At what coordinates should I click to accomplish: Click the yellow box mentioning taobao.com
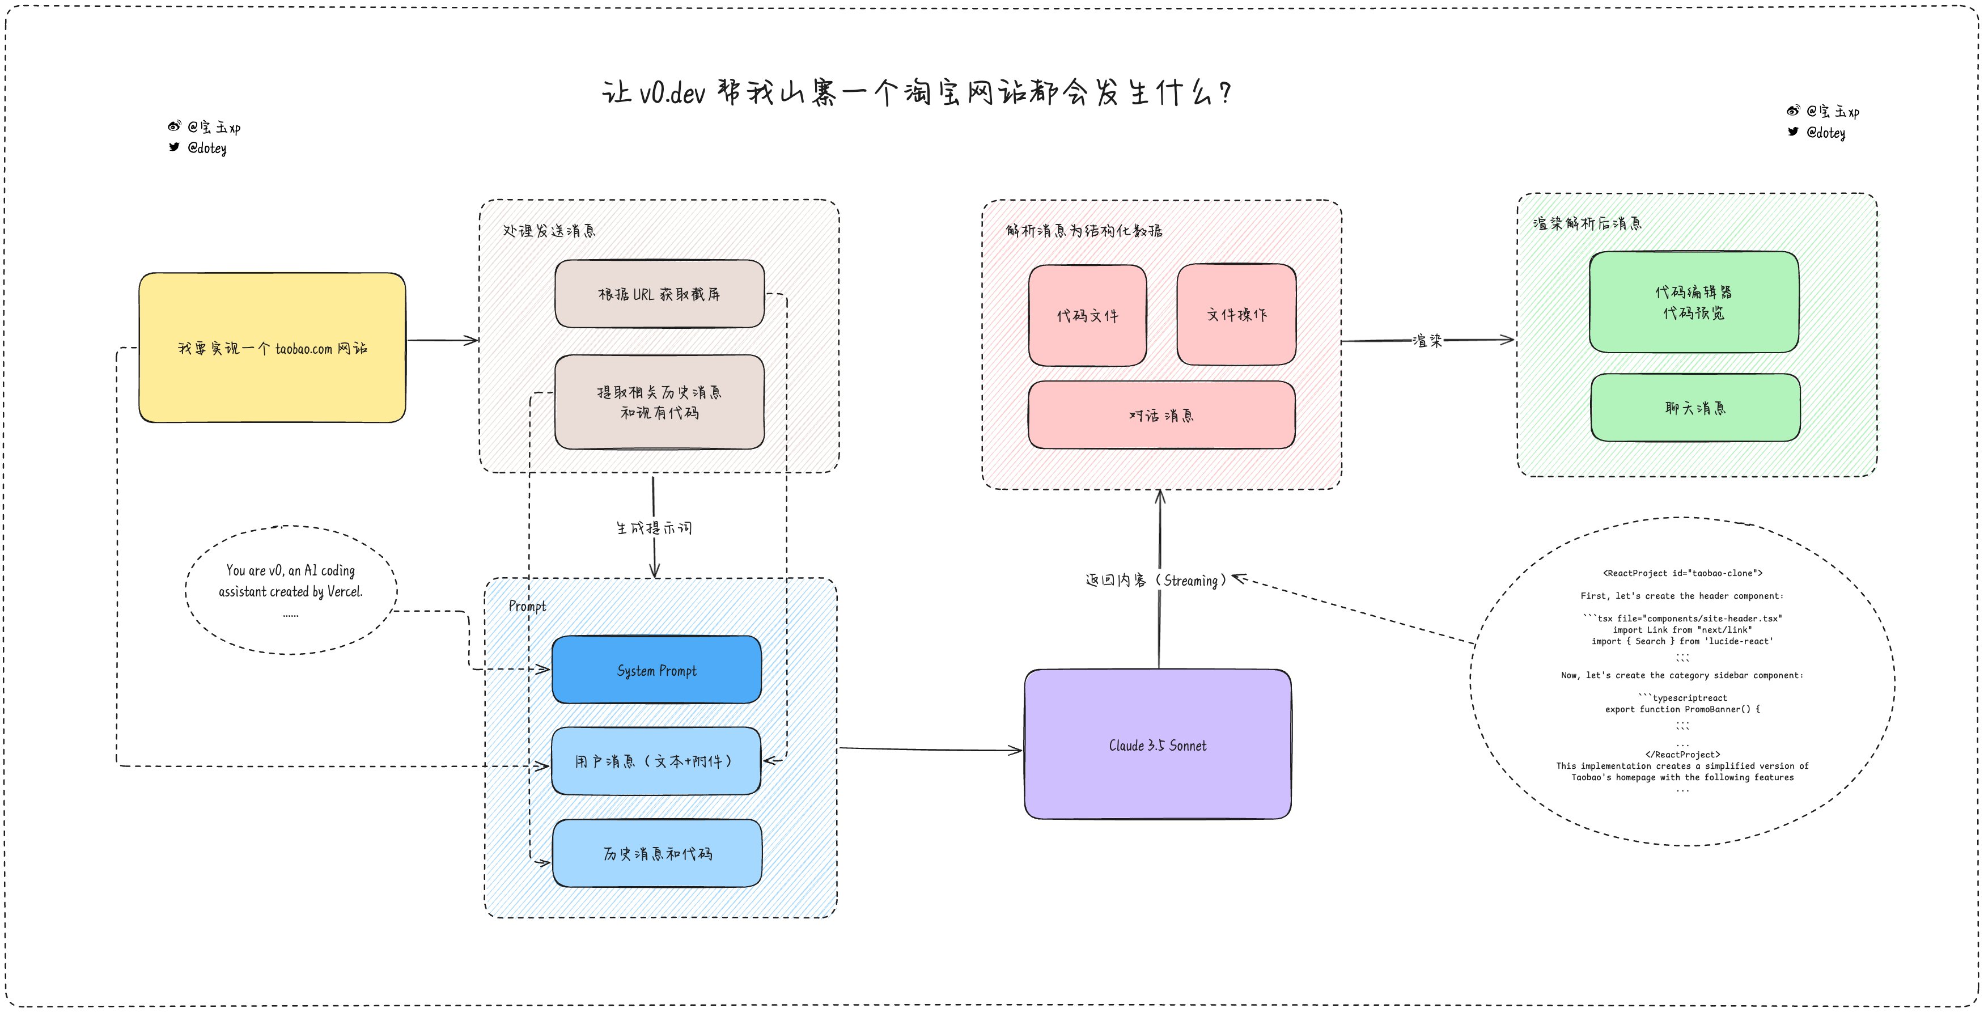272,348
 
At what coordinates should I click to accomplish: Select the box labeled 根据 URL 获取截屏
659,294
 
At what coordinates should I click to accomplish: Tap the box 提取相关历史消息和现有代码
659,402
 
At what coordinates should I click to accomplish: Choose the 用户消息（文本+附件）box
656,761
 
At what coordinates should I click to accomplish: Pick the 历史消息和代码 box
657,853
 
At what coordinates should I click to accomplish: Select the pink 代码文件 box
1087,315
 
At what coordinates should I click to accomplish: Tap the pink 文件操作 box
1236,314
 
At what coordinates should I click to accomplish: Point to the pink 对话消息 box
1161,415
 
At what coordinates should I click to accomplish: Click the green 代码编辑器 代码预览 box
1694,302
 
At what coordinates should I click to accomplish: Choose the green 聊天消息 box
1695,408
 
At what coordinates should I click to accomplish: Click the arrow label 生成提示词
654,528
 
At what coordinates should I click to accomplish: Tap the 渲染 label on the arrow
1427,340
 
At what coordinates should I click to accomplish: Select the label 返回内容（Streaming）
1155,580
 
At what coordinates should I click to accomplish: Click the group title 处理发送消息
549,230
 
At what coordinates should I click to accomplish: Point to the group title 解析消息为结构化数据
1084,230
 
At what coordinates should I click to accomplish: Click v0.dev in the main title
672,93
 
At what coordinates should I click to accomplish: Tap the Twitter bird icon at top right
1793,132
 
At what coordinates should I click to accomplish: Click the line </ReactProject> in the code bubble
1682,755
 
